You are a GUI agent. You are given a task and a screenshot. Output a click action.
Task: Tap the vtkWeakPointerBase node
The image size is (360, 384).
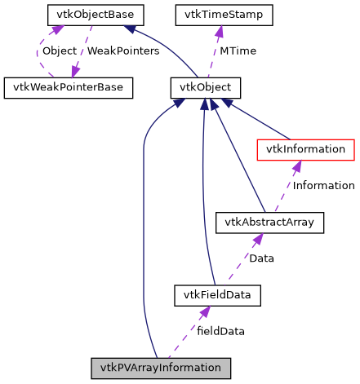click(x=69, y=87)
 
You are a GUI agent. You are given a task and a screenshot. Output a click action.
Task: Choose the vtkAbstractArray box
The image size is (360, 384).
click(x=269, y=222)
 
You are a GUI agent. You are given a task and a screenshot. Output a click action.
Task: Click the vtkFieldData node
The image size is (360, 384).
click(x=217, y=294)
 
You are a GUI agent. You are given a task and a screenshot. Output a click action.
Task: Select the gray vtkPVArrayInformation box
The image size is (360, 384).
click(x=161, y=368)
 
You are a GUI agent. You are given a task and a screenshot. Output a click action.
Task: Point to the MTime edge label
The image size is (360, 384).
click(x=238, y=51)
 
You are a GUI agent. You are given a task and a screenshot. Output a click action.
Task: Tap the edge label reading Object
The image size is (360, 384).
click(x=59, y=51)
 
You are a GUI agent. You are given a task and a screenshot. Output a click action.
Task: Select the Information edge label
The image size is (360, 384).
click(x=323, y=186)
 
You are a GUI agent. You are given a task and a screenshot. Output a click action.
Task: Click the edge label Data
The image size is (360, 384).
click(x=261, y=258)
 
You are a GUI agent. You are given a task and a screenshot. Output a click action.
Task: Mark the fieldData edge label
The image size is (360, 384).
click(x=220, y=331)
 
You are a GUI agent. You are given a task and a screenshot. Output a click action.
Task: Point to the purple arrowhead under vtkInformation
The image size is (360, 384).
click(x=297, y=166)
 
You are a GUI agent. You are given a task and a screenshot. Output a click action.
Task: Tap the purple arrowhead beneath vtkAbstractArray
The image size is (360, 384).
click(x=256, y=239)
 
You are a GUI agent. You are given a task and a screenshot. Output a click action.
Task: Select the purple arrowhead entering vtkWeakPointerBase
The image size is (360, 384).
click(x=76, y=72)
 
